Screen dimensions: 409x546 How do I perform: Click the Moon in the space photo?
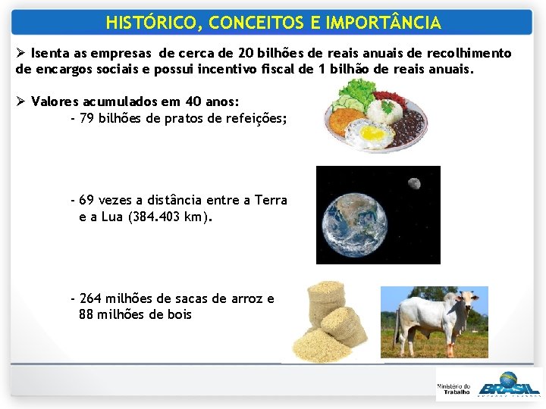point(414,183)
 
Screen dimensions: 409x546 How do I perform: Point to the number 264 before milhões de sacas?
point(90,298)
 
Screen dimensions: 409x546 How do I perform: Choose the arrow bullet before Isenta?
point(21,54)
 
